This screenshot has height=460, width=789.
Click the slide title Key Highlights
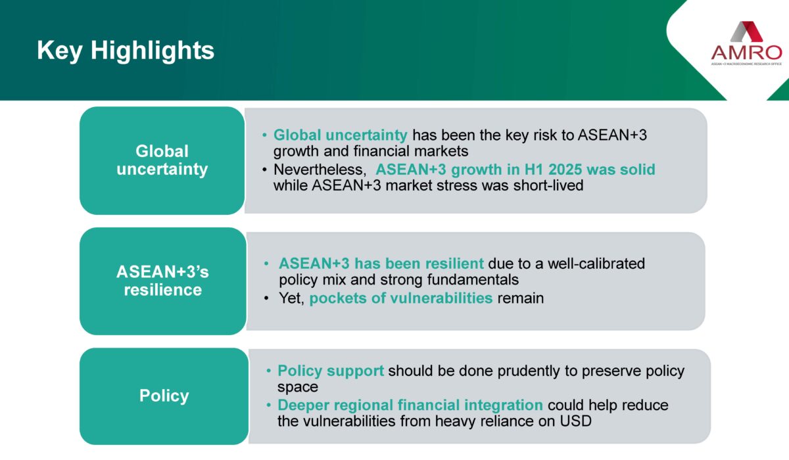point(126,51)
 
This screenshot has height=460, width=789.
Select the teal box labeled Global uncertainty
point(162,160)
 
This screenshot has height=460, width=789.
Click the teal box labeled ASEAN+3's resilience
point(163,281)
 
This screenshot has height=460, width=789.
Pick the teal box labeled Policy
point(164,396)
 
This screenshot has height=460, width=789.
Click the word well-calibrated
point(596,264)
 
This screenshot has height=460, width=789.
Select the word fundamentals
point(473,280)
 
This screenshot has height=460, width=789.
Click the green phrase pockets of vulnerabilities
point(401,298)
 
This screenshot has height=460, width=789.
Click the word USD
point(575,421)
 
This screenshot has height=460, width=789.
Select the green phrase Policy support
point(330,371)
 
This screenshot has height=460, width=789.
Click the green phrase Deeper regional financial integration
point(410,405)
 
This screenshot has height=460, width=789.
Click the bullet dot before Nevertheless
point(264,170)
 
